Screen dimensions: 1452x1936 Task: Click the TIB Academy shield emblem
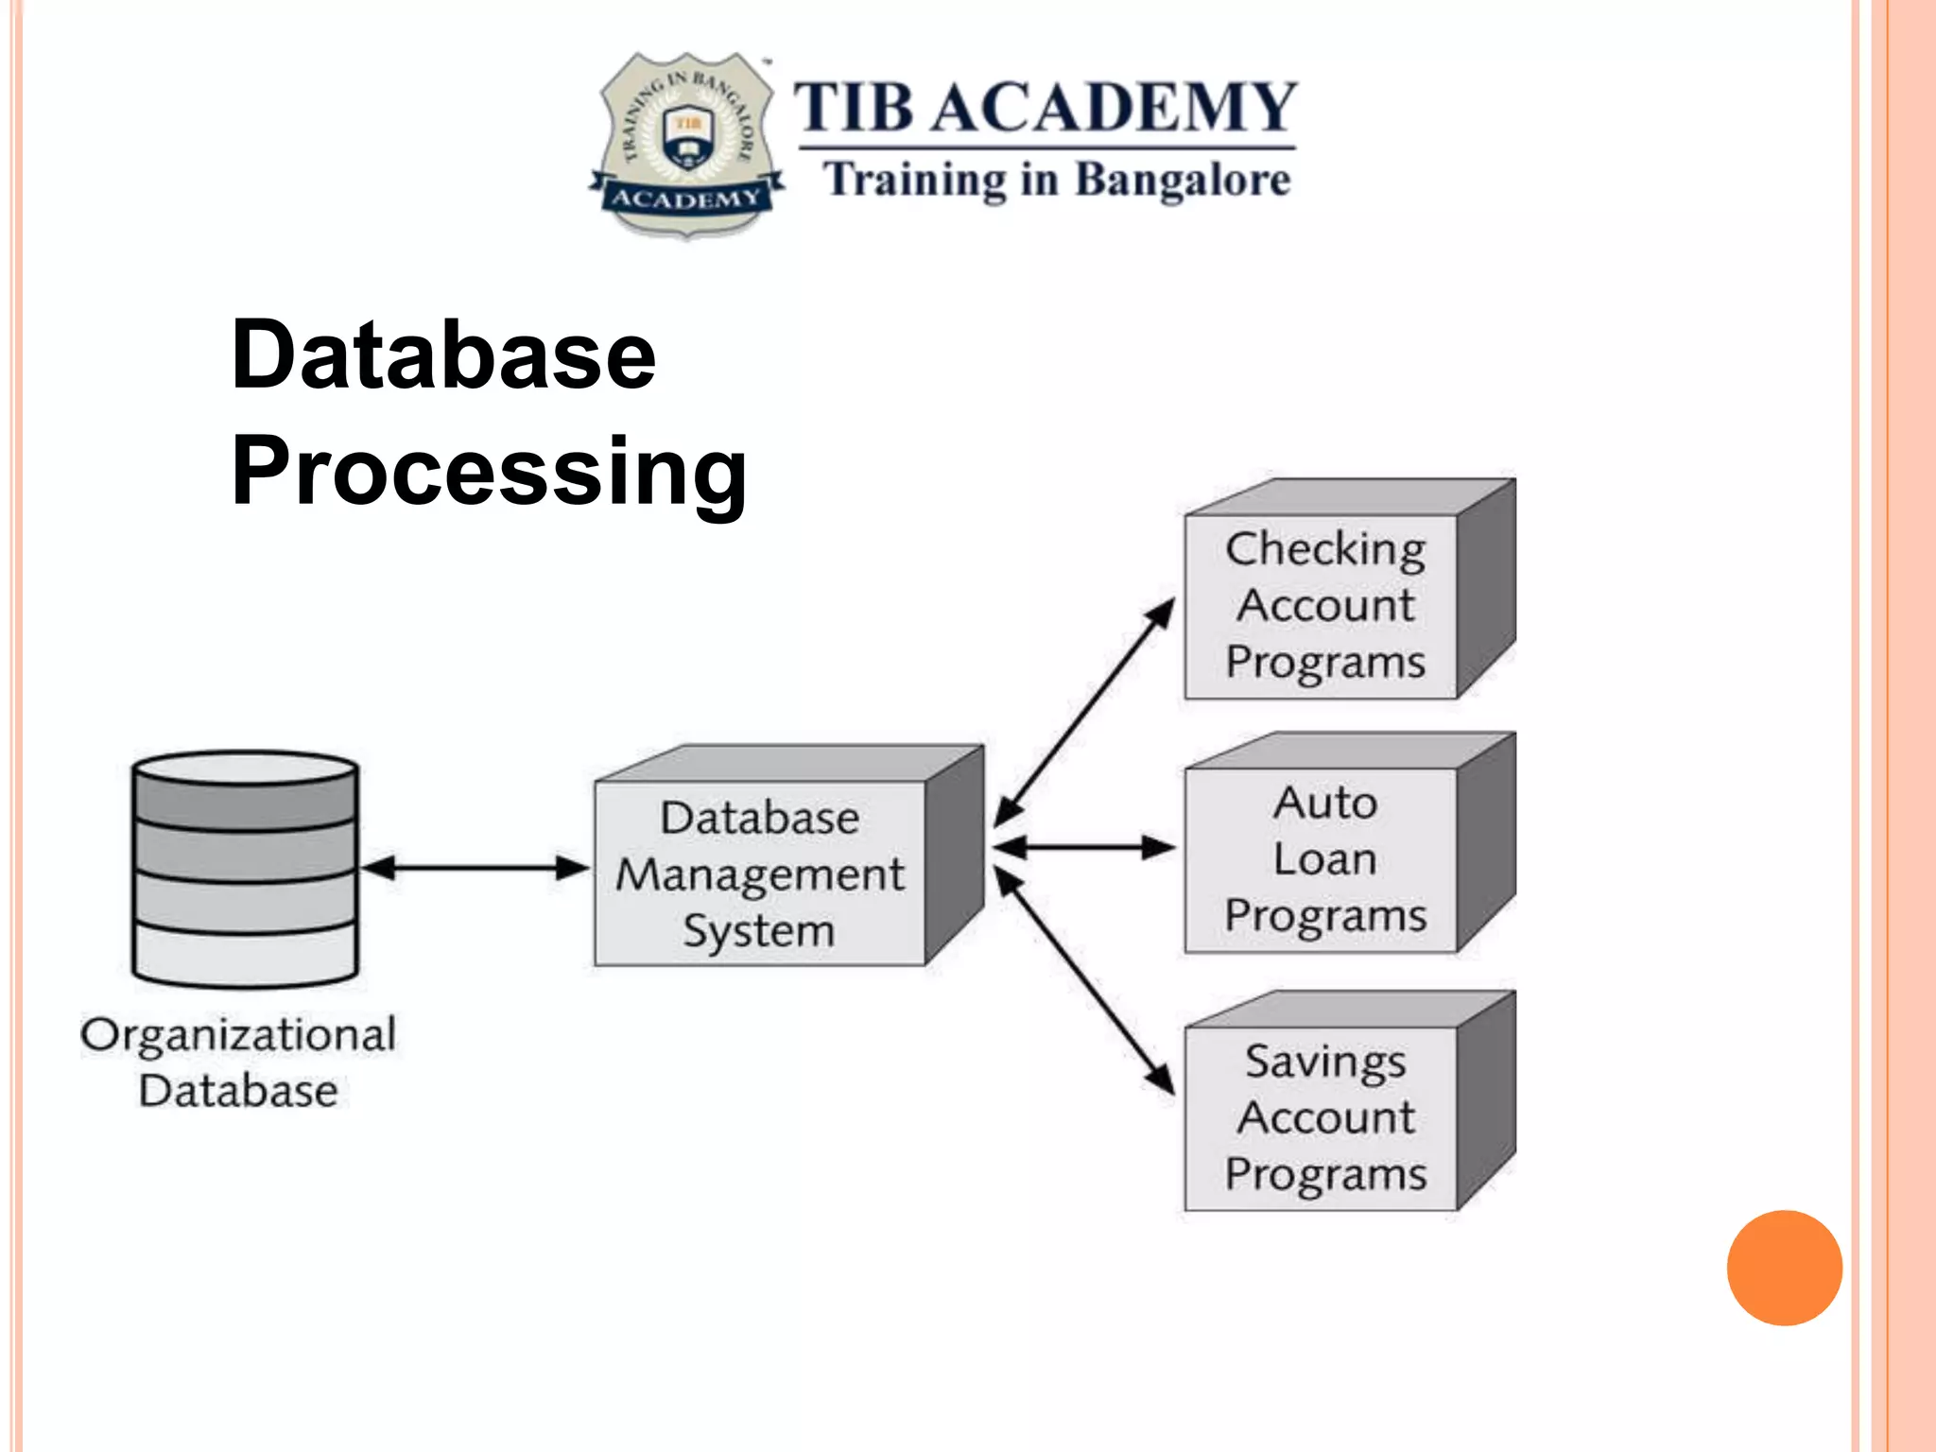tap(686, 144)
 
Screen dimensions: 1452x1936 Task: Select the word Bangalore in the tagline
tap(1183, 180)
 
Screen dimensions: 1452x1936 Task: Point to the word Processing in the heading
tap(489, 472)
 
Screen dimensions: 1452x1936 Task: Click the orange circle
tap(1784, 1268)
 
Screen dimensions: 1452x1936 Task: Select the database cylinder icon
tap(245, 868)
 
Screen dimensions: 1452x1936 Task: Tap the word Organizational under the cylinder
tap(237, 1035)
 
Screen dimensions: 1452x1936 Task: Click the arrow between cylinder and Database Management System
tap(475, 868)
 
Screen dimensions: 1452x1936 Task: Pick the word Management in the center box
tap(759, 875)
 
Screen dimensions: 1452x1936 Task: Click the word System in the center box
tap(759, 931)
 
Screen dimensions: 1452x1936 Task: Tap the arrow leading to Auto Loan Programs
tap(1083, 847)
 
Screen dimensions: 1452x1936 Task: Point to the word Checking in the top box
tap(1324, 550)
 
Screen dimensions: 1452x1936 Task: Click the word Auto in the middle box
tap(1324, 804)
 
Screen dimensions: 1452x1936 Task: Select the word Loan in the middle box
tap(1324, 859)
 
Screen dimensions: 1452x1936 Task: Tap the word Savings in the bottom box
tap(1324, 1062)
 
